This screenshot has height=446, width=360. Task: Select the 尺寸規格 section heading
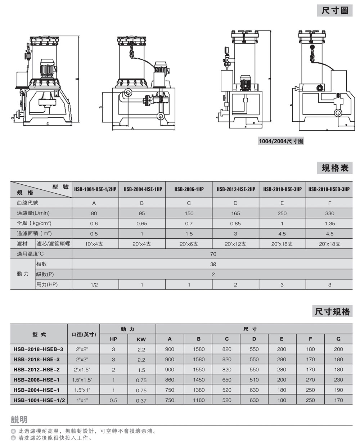[332, 311]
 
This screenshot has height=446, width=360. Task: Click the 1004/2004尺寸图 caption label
[281, 141]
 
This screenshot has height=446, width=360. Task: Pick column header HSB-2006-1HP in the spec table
[189, 189]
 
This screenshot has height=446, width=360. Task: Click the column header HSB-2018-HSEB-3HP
[329, 189]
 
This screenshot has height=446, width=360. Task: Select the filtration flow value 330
[329, 213]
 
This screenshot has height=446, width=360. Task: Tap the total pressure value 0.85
[235, 223]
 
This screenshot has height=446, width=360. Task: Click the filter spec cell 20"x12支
[235, 244]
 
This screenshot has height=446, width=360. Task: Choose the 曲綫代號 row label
[27, 203]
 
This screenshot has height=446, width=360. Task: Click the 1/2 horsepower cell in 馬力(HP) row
[94, 284]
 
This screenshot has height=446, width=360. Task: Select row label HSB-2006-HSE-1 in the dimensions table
[36, 379]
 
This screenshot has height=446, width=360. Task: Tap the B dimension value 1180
[198, 400]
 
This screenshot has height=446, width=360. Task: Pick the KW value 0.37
[141, 400]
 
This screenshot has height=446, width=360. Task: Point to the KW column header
[141, 339]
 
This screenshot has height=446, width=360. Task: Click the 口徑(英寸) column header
[84, 334]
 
